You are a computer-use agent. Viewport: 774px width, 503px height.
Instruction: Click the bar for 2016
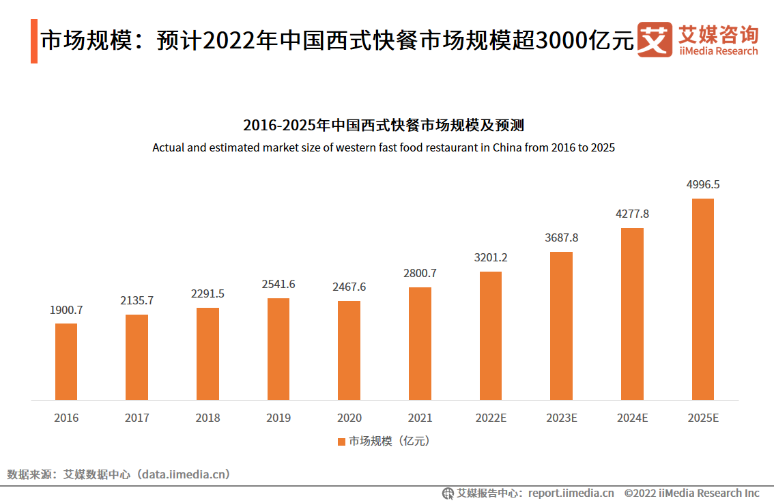66,362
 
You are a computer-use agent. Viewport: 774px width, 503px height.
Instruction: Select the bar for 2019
278,349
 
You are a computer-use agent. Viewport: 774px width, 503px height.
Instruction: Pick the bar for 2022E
491,336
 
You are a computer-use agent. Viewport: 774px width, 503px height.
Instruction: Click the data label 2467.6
349,287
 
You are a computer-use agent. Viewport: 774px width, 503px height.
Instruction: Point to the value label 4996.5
703,184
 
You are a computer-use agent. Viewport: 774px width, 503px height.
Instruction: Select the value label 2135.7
137,300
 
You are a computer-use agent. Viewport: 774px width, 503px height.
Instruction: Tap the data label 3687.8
561,238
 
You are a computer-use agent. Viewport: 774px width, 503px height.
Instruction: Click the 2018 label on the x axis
207,418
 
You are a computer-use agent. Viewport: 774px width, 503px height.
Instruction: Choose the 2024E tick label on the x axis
632,418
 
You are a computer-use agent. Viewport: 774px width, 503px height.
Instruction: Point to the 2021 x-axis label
420,418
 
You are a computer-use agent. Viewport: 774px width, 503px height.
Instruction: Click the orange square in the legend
341,442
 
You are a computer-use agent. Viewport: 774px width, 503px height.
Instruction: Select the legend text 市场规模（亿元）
389,442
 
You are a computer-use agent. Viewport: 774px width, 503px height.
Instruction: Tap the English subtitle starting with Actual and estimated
384,147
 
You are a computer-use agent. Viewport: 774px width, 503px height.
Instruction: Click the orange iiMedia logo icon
655,40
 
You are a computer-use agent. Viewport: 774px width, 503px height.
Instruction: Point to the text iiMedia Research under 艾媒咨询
718,51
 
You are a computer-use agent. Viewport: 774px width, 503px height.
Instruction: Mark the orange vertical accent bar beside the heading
34,42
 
